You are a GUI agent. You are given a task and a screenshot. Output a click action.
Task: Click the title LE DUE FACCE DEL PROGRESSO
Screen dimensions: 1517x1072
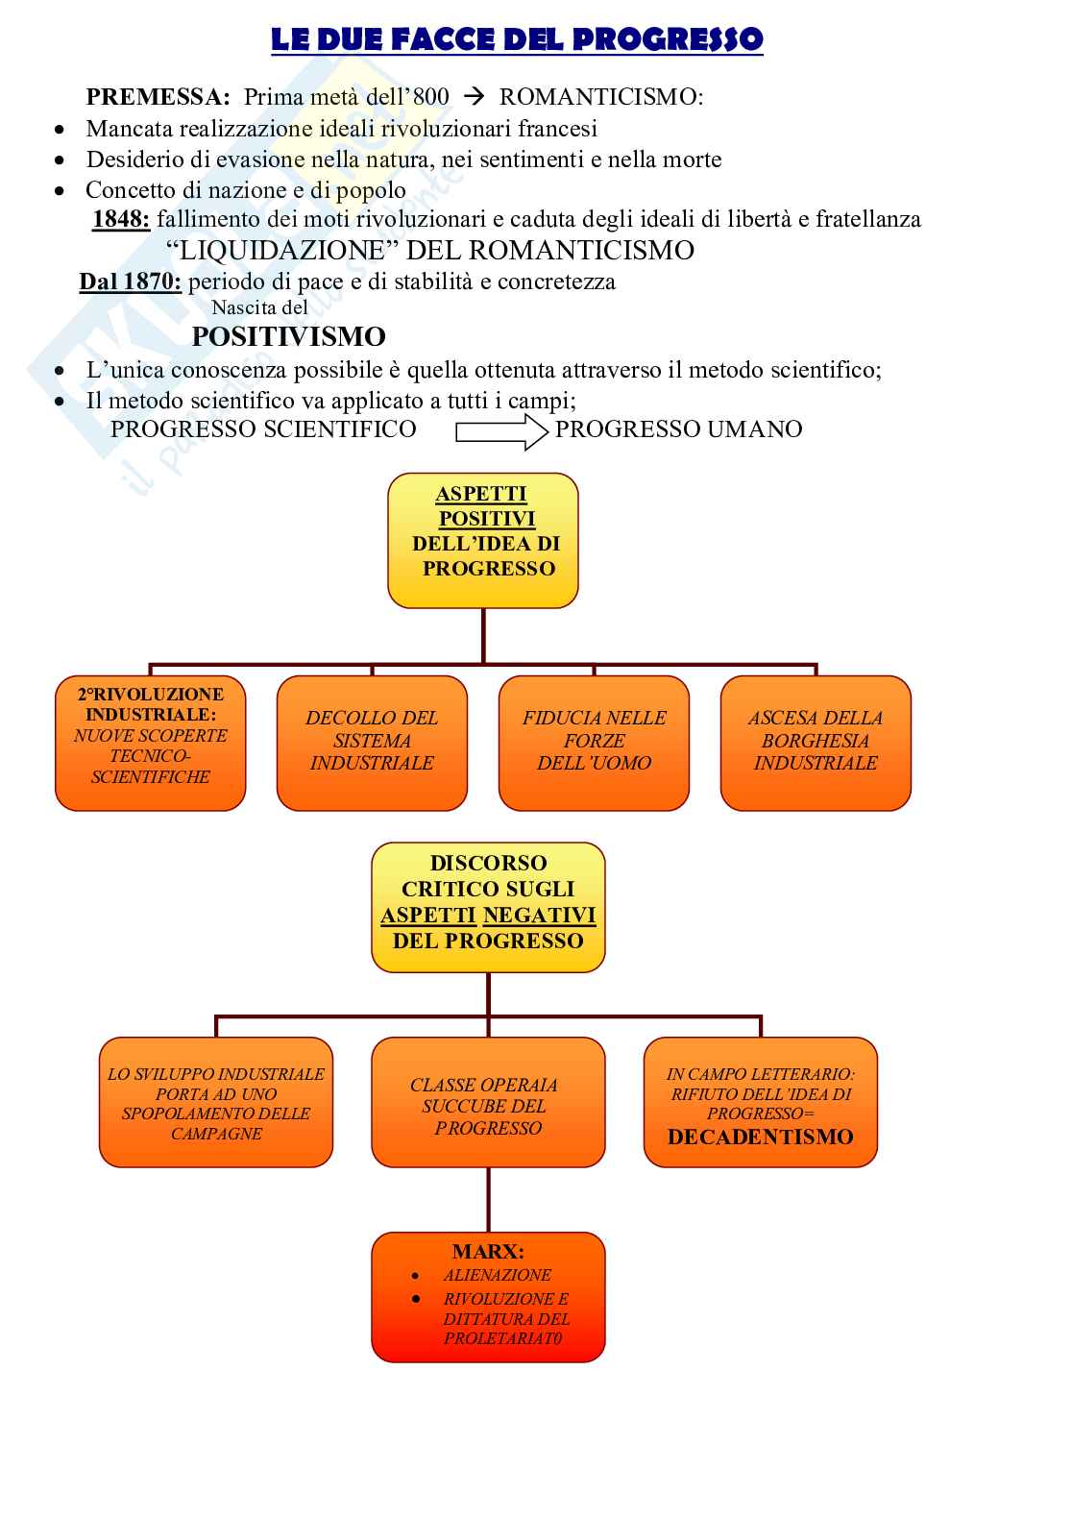point(517,39)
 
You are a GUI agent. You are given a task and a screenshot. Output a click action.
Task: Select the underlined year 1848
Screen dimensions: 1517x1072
point(121,219)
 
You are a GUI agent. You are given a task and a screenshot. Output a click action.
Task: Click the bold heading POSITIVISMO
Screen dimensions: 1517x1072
point(289,336)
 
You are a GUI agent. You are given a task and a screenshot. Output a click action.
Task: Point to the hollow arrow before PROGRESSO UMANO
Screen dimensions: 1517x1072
point(499,429)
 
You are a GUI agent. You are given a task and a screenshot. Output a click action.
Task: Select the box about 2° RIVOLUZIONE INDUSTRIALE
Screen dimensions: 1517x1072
point(151,743)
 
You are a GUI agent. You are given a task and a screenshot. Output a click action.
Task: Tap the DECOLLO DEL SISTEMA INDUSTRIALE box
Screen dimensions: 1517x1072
point(372,743)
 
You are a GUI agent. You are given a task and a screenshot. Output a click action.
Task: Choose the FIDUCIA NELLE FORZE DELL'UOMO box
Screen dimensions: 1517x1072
point(594,743)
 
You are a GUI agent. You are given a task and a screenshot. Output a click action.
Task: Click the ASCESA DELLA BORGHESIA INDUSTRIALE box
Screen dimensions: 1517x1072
point(816,743)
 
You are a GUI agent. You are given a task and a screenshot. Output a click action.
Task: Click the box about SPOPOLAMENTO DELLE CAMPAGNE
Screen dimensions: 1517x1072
point(216,1102)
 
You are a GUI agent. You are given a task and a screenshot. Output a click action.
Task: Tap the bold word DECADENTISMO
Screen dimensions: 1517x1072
point(761,1138)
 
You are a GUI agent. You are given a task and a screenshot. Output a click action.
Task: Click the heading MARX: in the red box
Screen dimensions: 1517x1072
point(488,1252)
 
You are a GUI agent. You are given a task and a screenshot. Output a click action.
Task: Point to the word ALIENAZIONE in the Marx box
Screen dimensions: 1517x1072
point(498,1276)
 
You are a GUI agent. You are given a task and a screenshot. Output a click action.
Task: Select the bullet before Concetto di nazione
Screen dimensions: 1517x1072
point(61,191)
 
